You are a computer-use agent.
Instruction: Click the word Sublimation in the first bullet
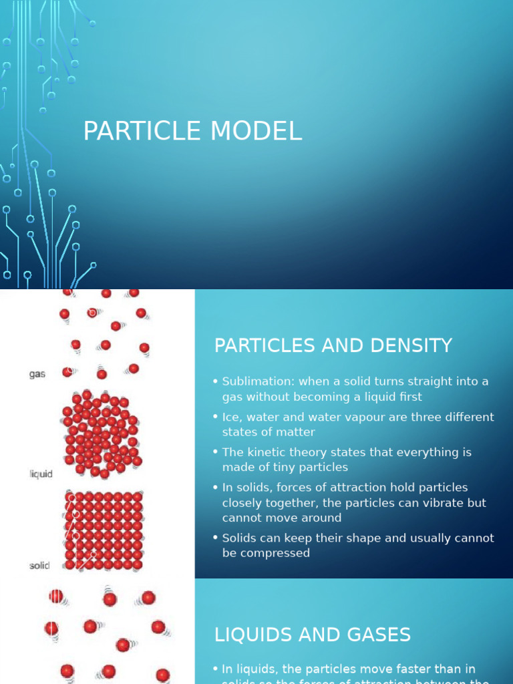pos(258,381)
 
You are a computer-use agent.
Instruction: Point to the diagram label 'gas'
pos(37,374)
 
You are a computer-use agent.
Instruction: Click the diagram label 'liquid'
pos(41,474)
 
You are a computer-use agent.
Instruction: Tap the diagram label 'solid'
pos(39,566)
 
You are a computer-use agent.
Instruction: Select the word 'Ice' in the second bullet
pos(230,417)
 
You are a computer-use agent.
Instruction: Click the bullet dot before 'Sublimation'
pos(216,381)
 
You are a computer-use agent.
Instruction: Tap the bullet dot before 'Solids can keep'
pos(216,538)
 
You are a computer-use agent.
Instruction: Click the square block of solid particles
pos(104,530)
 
